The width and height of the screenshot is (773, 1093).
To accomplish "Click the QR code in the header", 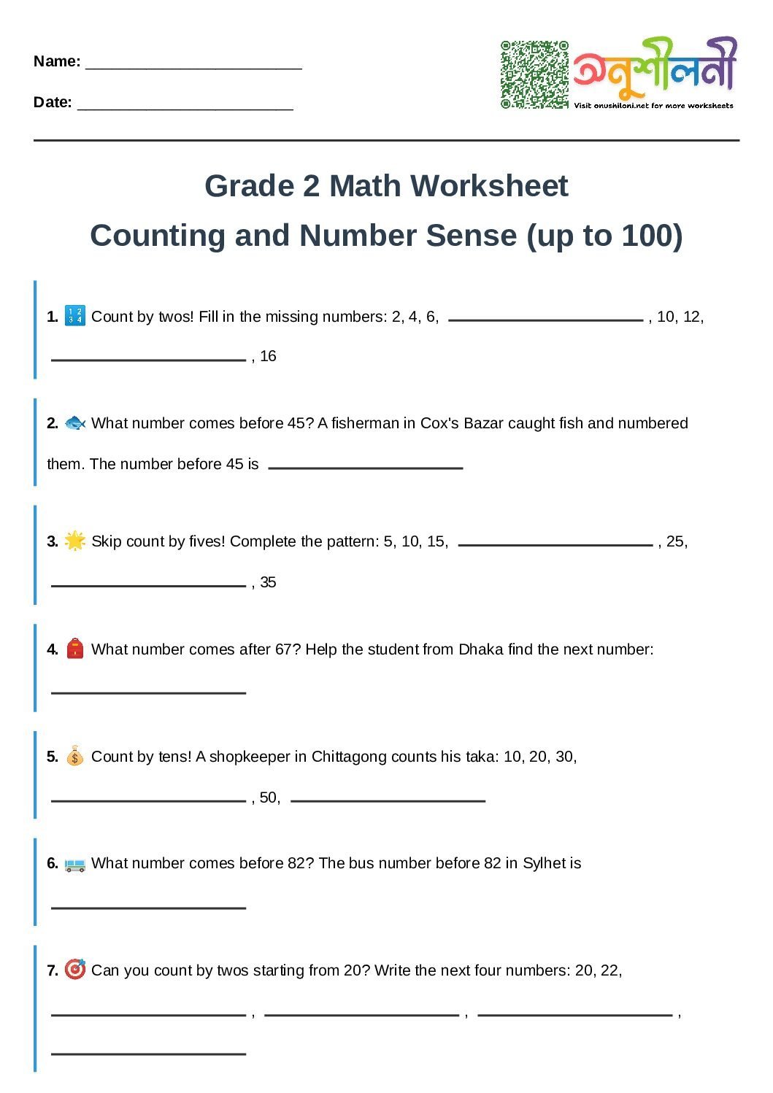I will (534, 74).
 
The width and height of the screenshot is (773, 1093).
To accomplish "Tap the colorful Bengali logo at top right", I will (654, 69).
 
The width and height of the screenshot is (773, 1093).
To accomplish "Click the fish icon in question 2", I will (75, 423).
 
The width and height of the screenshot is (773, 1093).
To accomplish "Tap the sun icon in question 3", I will (75, 541).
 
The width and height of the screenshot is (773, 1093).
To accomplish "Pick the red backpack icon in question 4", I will (75, 649).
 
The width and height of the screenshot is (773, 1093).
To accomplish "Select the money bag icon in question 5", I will (75, 756).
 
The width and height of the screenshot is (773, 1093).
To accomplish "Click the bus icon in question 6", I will (75, 864).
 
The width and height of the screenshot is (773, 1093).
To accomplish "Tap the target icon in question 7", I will (75, 970).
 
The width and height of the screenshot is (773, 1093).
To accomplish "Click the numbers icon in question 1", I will (75, 316).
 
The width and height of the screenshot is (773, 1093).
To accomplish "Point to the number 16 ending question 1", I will (268, 356).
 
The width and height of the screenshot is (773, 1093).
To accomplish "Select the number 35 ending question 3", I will (268, 582).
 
